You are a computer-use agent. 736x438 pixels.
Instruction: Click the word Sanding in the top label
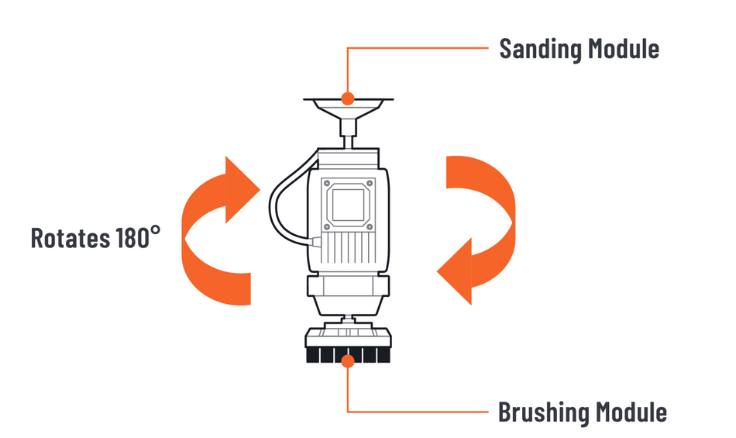point(541,50)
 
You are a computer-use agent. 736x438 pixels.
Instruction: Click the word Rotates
point(71,237)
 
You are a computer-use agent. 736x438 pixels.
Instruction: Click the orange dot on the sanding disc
point(348,98)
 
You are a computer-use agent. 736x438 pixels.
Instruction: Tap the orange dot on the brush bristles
point(348,361)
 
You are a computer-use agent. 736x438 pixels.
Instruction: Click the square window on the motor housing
point(348,205)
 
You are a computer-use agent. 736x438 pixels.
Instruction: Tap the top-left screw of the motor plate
point(327,183)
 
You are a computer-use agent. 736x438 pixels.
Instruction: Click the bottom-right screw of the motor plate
point(370,226)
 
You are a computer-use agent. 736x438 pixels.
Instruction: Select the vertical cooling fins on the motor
point(348,248)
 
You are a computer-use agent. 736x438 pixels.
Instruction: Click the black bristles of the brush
point(348,355)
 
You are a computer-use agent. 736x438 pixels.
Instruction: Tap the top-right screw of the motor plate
point(370,183)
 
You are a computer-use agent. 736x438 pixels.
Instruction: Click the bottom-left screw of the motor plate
point(327,226)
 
